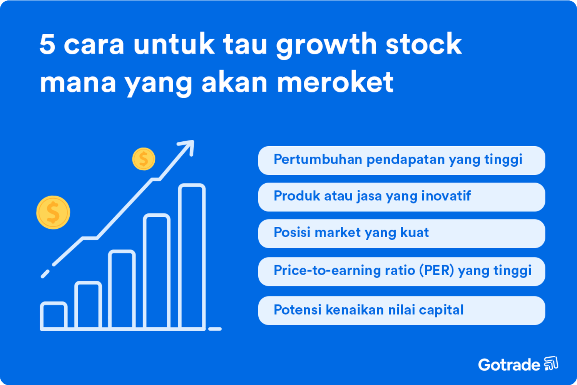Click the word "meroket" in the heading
coord(335,82)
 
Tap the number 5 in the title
coord(47,44)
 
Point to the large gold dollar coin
coord(53,213)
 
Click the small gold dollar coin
coord(144,159)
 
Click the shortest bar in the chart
coord(54,315)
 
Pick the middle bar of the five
coord(122,289)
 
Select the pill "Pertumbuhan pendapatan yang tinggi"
coord(401,160)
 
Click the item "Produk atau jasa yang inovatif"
coord(401,197)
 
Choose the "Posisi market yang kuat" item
coord(401,233)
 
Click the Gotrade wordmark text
coord(509,365)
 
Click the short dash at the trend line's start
coord(45,274)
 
